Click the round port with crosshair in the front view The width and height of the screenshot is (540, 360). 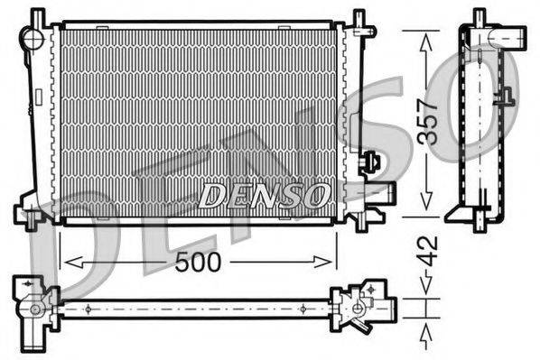(x=33, y=38)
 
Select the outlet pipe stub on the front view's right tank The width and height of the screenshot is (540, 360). (x=384, y=192)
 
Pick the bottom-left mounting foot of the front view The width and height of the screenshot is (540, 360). (x=30, y=217)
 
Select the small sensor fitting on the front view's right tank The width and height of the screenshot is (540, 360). (x=370, y=163)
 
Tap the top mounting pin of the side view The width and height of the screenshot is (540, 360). (x=479, y=16)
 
